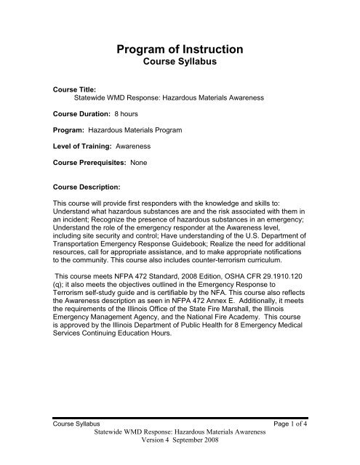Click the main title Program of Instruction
click(x=180, y=51)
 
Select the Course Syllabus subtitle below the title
click(x=180, y=67)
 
